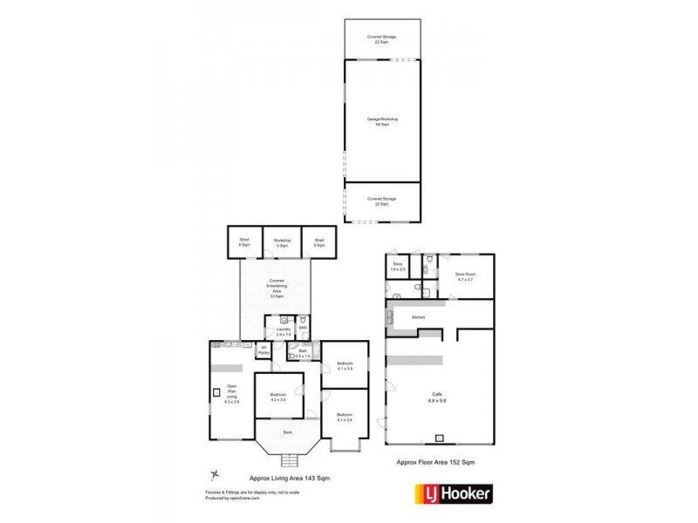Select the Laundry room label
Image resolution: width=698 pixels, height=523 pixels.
283,331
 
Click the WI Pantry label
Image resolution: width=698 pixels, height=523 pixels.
263,350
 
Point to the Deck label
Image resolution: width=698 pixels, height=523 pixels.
287,431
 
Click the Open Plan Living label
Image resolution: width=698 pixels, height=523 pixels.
231,393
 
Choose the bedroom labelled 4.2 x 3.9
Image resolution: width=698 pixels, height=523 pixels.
278,396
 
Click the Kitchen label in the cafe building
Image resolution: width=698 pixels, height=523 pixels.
419,317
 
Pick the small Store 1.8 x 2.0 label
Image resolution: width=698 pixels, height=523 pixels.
398,267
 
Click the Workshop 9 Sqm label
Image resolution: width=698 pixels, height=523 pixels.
282,242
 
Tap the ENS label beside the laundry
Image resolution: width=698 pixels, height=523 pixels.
303,328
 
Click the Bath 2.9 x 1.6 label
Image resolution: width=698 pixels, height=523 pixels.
303,353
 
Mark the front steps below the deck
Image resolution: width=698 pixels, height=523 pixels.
287,461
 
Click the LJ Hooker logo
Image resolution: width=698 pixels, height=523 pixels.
452,494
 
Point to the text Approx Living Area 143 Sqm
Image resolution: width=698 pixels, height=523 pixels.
289,478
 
